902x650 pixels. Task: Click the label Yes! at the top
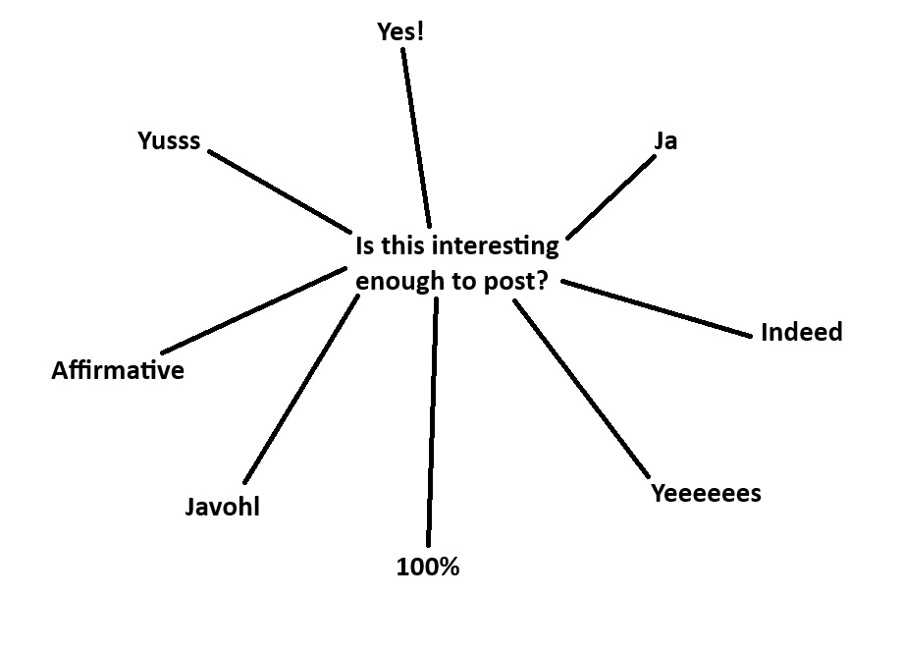400,31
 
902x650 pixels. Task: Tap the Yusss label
169,141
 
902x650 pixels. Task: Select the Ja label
665,141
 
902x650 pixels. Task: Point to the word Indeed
801,333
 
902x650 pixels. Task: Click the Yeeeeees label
706,494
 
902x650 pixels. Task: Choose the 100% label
428,568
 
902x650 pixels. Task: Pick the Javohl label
222,507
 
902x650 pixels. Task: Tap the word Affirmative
118,370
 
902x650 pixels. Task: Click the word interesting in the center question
496,246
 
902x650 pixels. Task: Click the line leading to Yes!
416,137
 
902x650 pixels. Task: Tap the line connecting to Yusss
280,191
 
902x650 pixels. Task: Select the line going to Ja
610,196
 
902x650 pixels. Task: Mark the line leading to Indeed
657,309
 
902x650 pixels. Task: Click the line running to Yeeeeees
582,388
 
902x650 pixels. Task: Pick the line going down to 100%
432,421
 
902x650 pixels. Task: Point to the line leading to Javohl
301,389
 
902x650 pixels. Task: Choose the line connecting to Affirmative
253,310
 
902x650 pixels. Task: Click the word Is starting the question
365,246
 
